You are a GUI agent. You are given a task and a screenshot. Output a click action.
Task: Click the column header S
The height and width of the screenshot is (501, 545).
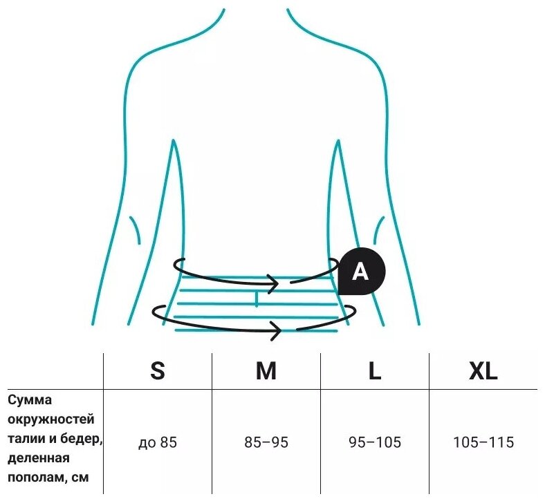(158, 371)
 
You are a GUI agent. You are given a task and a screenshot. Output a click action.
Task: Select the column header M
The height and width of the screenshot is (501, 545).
(266, 371)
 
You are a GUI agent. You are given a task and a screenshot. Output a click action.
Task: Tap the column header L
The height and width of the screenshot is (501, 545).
(374, 371)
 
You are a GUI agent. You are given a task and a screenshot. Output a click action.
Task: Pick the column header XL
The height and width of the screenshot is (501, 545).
(483, 371)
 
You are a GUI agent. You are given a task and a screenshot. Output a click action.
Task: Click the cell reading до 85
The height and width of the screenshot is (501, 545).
(158, 442)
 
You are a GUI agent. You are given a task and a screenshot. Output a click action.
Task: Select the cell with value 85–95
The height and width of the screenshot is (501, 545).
(266, 442)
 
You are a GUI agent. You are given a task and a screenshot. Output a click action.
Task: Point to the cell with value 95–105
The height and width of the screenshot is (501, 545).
(374, 442)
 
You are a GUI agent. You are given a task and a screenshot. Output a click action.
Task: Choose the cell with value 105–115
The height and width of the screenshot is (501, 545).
(483, 442)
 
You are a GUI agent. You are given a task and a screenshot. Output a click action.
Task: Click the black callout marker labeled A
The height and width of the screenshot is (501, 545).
(359, 272)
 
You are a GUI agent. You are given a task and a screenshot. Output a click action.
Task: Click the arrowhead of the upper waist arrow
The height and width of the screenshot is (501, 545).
(276, 283)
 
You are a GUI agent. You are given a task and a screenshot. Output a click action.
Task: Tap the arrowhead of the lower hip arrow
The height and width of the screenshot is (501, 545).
(276, 330)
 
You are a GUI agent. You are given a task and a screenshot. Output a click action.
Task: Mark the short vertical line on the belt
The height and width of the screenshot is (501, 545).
(257, 299)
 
